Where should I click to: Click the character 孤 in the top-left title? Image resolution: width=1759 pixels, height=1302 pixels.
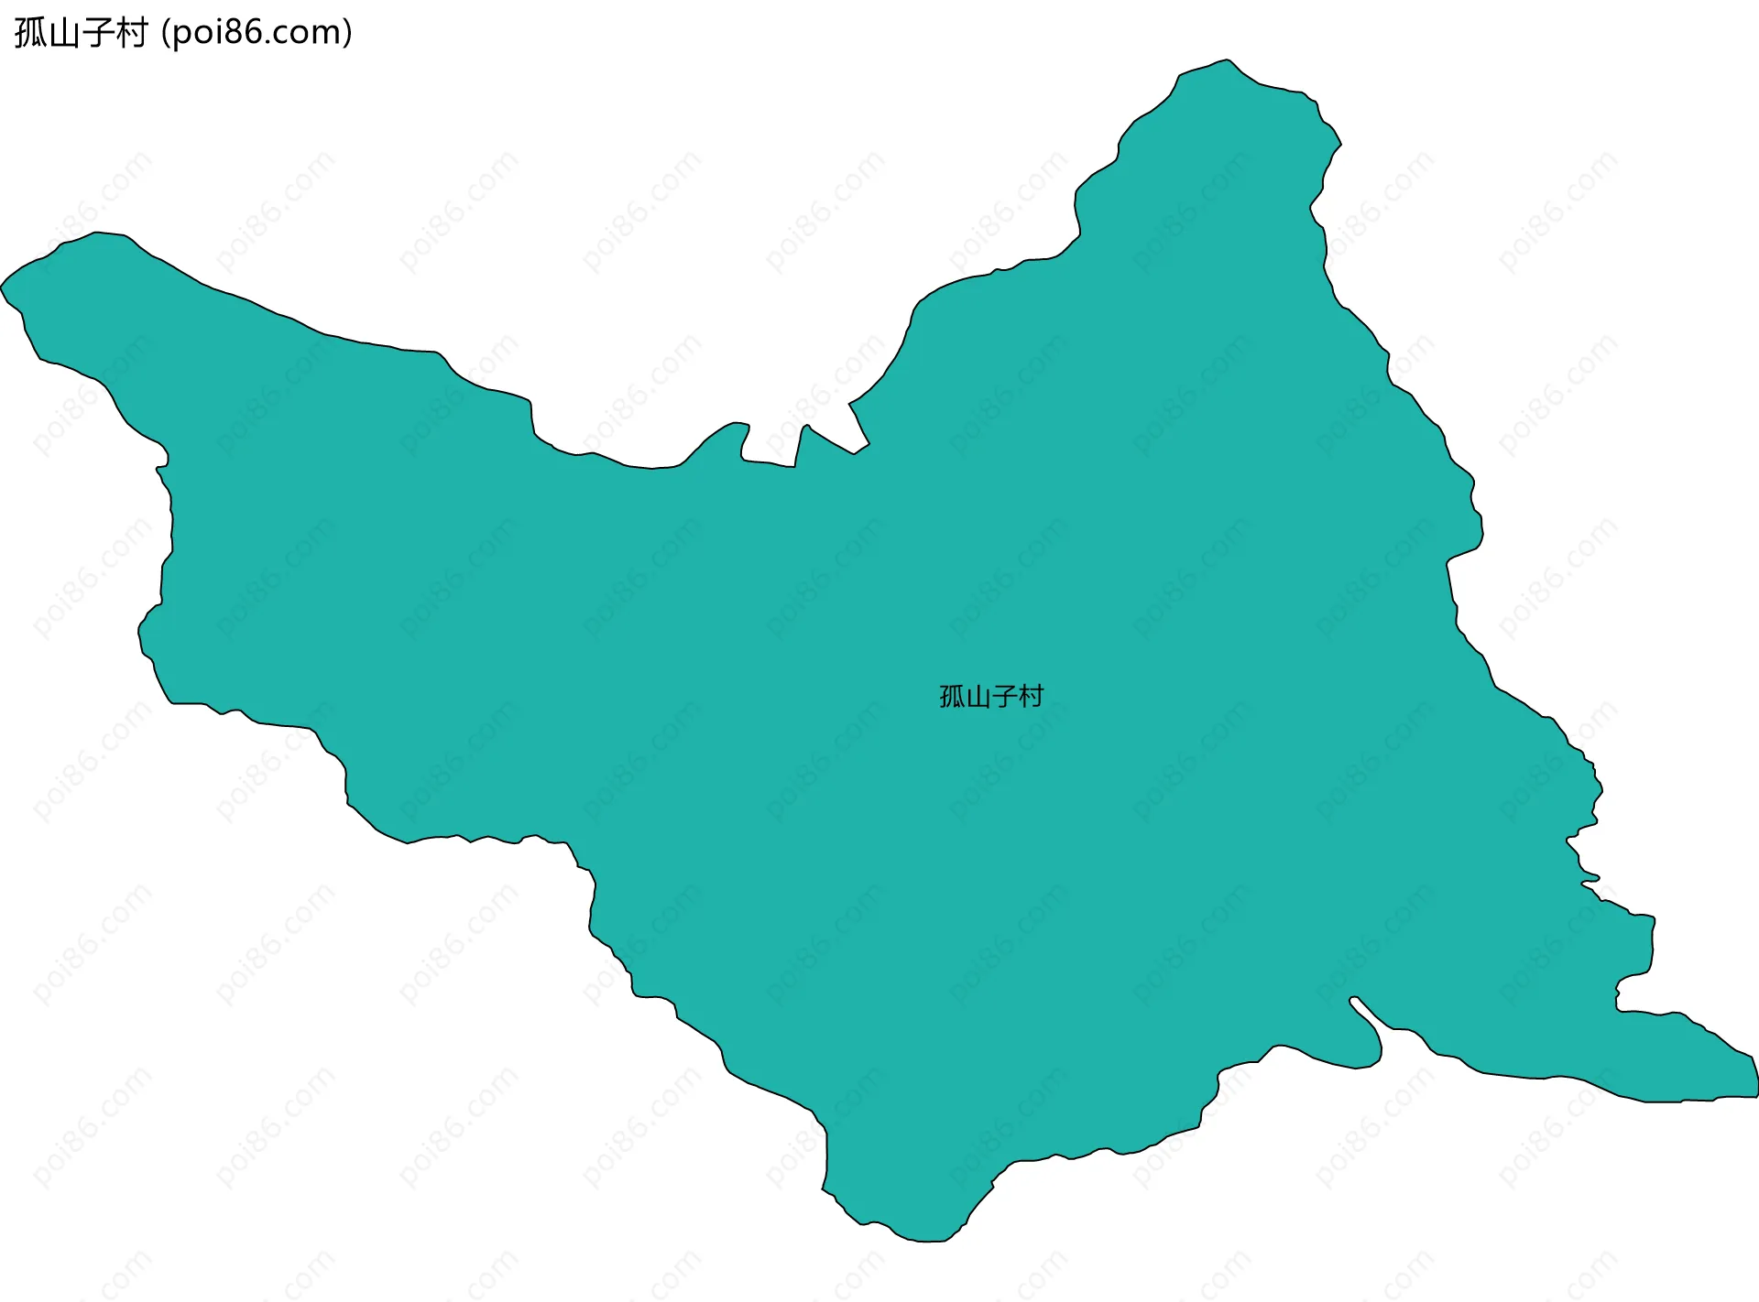pyautogui.click(x=30, y=33)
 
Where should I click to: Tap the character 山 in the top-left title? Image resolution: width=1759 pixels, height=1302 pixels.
pyautogui.click(x=63, y=33)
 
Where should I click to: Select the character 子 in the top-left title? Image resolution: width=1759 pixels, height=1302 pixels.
pyautogui.click(x=97, y=33)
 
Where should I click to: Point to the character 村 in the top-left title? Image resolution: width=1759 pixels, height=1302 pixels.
pyautogui.click(x=131, y=33)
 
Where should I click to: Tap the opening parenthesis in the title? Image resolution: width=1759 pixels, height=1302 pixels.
pyautogui.click(x=165, y=33)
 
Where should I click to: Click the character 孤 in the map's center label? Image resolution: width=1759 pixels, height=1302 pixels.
pyautogui.click(x=952, y=697)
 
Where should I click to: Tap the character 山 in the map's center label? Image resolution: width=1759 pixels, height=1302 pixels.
pyautogui.click(x=978, y=697)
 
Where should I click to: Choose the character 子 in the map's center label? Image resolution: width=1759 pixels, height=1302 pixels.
pyautogui.click(x=1004, y=697)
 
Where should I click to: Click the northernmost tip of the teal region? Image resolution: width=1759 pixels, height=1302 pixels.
pyautogui.click(x=1228, y=60)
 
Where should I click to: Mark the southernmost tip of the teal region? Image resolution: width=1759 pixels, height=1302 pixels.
pyautogui.click(x=925, y=1241)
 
